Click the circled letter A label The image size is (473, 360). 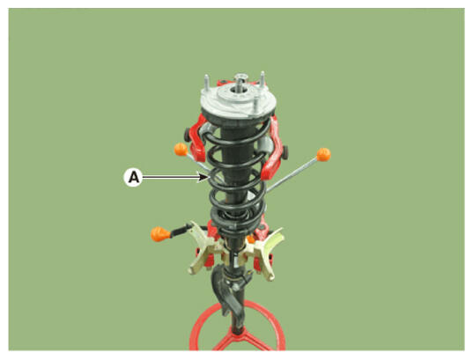pos(133,177)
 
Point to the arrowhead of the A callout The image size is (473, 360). pos(204,177)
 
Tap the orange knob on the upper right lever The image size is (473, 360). pos(323,154)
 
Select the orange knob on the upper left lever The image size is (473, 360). pos(181,150)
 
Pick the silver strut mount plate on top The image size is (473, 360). pos(239,101)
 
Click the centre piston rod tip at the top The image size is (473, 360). pos(240,79)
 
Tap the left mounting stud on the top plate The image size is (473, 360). pos(207,83)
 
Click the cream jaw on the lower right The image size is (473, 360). pos(265,254)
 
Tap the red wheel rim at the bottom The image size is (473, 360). pos(237,326)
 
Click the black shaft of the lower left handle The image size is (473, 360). pos(181,230)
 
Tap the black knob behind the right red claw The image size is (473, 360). pos(285,152)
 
